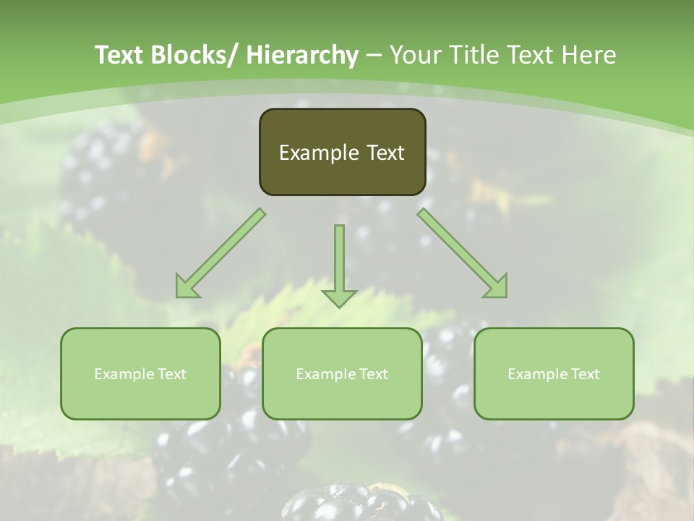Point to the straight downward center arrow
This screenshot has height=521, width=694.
(x=339, y=260)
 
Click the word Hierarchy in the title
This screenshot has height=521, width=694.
(x=302, y=55)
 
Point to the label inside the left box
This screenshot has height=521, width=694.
(x=140, y=374)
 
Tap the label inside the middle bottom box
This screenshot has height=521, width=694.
(x=342, y=374)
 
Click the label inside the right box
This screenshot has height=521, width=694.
(x=554, y=374)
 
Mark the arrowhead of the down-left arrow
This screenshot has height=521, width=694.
(x=187, y=287)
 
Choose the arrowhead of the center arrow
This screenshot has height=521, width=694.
(x=339, y=297)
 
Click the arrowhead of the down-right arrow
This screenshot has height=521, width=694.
(x=496, y=287)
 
